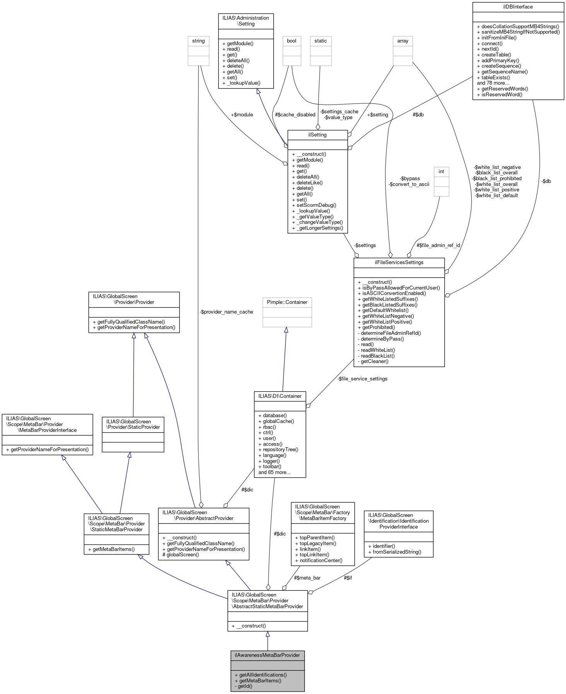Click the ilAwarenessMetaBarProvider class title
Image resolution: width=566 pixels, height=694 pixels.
(267, 655)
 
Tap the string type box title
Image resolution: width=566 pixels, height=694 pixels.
(198, 41)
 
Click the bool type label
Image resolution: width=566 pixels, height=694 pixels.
(292, 41)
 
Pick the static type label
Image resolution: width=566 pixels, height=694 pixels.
(321, 41)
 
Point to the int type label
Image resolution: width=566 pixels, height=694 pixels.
(441, 172)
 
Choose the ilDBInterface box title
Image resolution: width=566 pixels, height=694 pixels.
(518, 7)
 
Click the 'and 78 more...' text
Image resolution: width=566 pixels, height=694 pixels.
(493, 83)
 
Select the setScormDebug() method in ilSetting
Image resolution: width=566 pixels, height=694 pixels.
(316, 205)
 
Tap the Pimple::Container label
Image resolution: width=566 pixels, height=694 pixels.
(287, 302)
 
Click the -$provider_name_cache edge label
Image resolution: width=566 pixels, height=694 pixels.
(226, 312)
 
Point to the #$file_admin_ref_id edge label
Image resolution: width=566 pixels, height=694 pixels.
(438, 246)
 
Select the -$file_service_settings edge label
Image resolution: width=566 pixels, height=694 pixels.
(362, 379)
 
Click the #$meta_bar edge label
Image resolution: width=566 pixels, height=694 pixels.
(307, 578)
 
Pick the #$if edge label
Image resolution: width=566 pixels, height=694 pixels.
(348, 578)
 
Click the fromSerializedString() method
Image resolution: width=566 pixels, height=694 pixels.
(397, 552)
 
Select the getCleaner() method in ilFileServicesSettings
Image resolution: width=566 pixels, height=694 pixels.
(374, 361)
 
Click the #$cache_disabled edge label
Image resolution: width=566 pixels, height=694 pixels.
(295, 115)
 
